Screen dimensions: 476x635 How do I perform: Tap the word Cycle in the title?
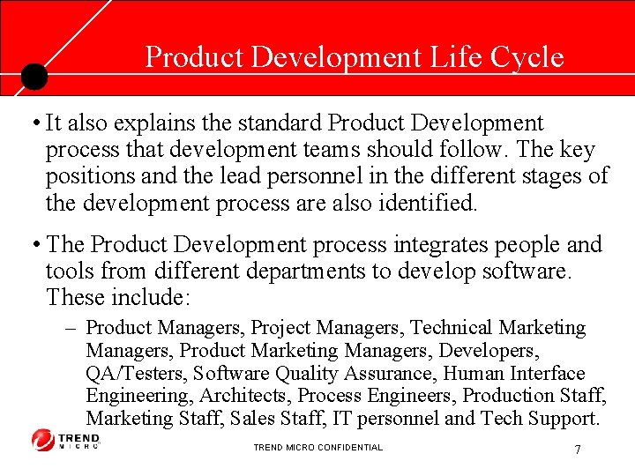527,57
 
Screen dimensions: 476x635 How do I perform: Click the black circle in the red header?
34,77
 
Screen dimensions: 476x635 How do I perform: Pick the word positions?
91,176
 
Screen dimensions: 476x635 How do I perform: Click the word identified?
424,203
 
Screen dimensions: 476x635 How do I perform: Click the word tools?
71,271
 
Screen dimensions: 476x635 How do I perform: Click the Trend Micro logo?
66,439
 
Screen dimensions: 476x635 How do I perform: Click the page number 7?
577,450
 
